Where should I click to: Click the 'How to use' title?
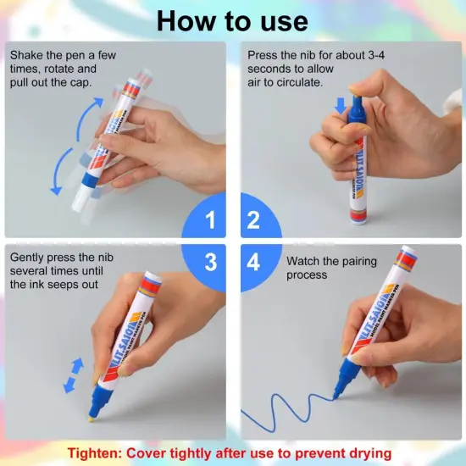point(232,20)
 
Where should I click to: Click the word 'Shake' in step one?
point(27,55)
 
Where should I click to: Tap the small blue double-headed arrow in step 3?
point(75,375)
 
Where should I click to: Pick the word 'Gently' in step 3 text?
point(29,257)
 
